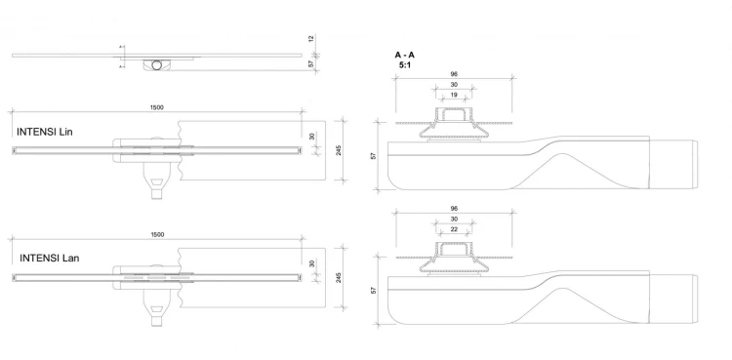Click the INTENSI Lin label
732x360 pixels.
(x=44, y=132)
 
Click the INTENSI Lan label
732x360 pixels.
(x=49, y=259)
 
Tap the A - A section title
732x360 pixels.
(x=404, y=55)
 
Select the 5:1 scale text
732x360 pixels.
(x=404, y=65)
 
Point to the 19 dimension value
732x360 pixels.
(x=454, y=96)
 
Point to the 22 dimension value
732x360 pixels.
(x=454, y=229)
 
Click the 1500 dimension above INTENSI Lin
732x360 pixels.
(x=157, y=107)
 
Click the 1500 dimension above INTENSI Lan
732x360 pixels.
(x=158, y=235)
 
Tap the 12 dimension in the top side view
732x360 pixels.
(x=311, y=38)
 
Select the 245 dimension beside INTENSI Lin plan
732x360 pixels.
(x=339, y=150)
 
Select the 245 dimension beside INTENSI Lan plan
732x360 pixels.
(x=339, y=278)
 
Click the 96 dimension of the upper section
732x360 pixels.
(x=454, y=74)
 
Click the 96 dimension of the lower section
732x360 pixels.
(x=454, y=209)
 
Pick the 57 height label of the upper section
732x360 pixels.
(x=374, y=156)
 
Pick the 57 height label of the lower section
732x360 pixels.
(x=374, y=291)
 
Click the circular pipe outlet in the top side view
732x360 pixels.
(x=157, y=65)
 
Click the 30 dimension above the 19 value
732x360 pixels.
(x=454, y=85)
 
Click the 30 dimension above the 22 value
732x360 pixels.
(x=454, y=219)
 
